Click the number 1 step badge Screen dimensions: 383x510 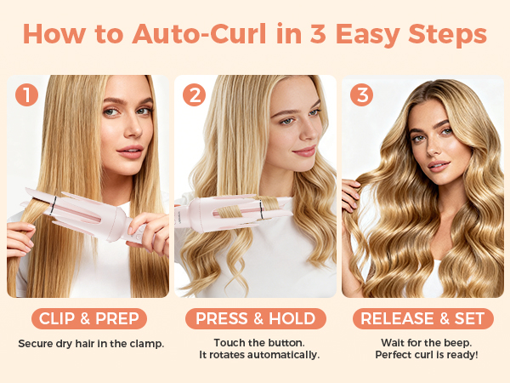pyautogui.click(x=27, y=94)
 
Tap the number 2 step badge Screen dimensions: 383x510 pyautogui.click(x=195, y=94)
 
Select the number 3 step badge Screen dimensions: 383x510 pyautogui.click(x=362, y=94)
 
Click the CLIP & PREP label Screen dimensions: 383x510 pyautogui.click(x=89, y=318)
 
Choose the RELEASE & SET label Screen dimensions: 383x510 pyautogui.click(x=423, y=318)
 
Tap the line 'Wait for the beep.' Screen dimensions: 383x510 pyautogui.click(x=423, y=343)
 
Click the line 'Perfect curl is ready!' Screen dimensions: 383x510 pyautogui.click(x=423, y=355)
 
